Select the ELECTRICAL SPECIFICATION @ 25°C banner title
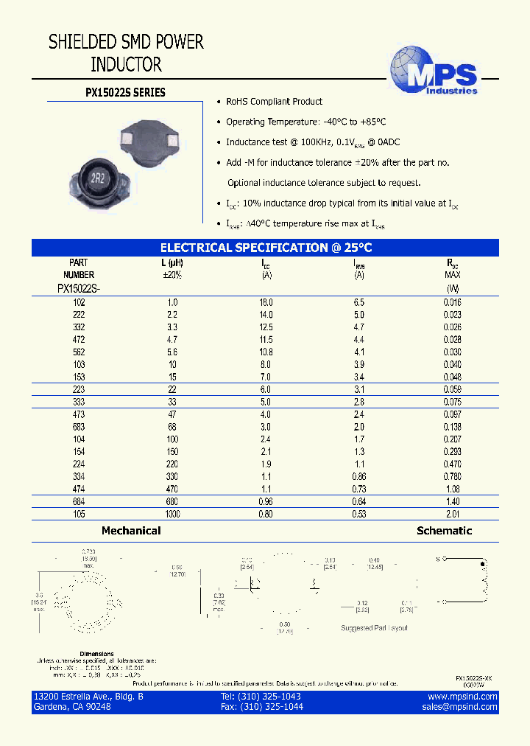266,248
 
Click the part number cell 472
78,339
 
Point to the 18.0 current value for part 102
266,302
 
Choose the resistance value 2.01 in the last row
452,515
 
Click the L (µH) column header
172,262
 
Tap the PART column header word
78,262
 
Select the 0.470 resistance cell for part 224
452,464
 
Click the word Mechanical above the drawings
131,531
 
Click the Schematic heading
444,531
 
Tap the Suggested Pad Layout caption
374,628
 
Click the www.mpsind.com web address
462,697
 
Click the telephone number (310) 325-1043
261,697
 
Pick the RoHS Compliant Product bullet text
274,102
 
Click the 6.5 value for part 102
358,302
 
